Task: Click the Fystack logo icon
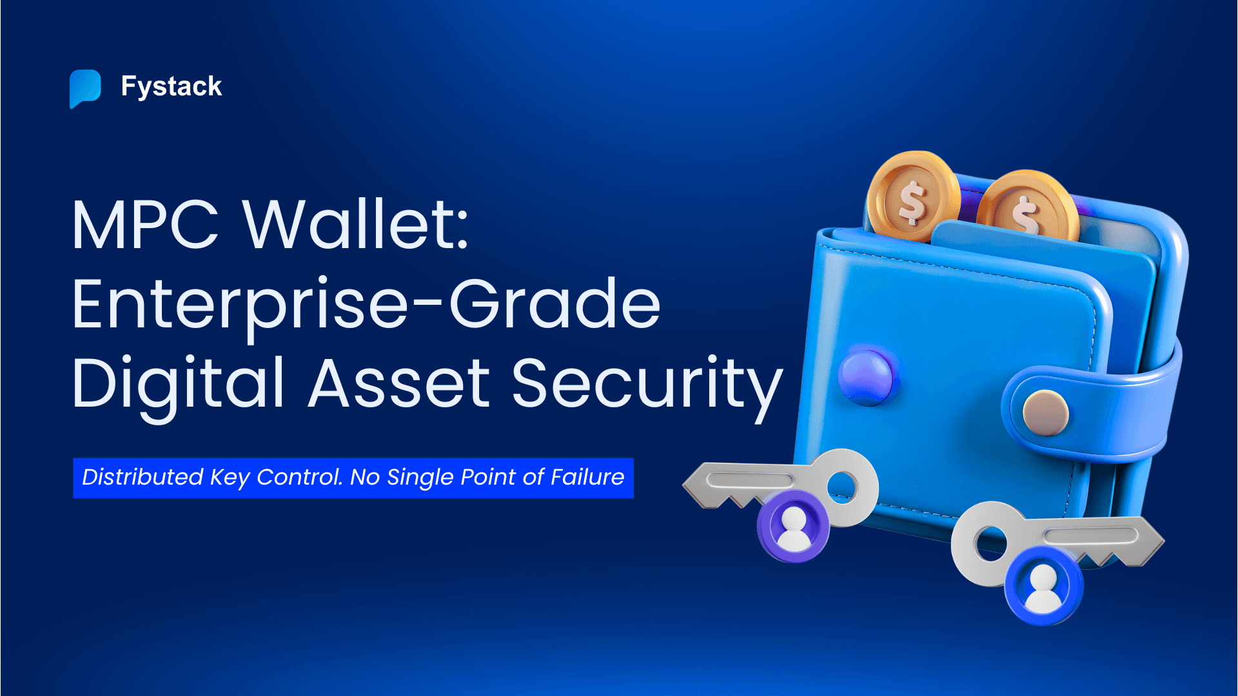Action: point(85,88)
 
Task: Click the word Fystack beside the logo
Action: point(172,86)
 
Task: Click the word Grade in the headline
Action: point(555,304)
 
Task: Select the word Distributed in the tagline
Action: point(142,478)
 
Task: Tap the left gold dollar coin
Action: point(912,197)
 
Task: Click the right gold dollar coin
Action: point(1027,208)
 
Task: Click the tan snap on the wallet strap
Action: point(1045,412)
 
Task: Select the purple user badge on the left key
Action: point(793,526)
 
